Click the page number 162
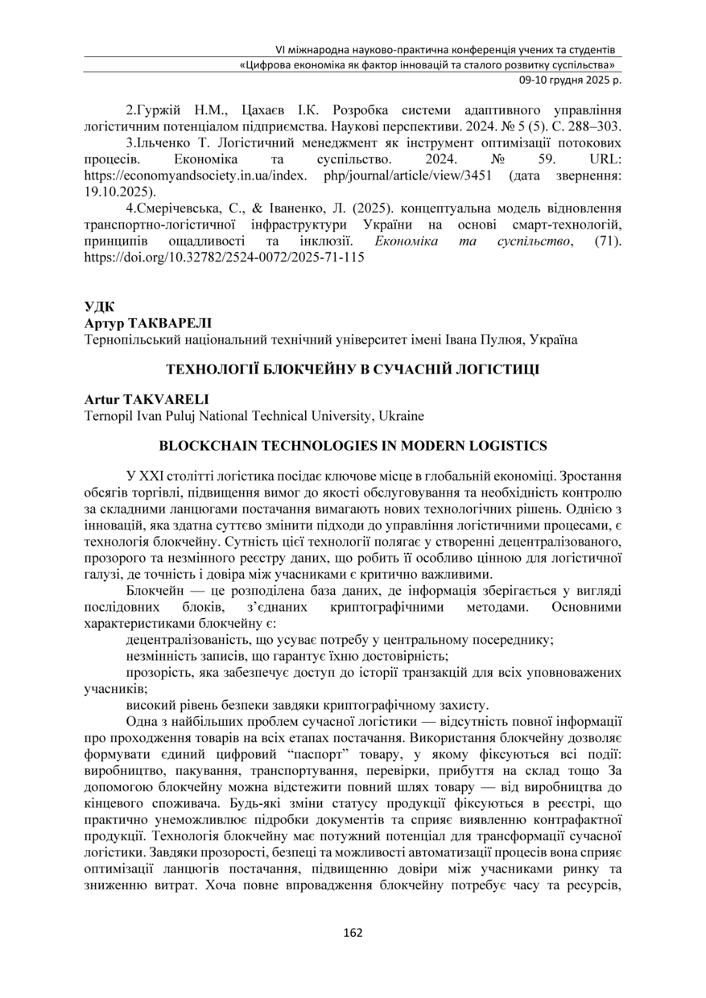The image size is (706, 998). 353,933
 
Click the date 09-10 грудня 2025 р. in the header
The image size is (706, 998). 568,80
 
